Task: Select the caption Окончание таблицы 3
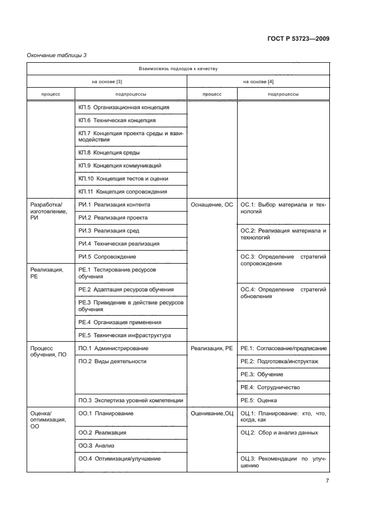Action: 56,55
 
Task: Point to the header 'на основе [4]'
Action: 258,81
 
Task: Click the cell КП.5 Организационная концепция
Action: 124,107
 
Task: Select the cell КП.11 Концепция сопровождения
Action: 123,192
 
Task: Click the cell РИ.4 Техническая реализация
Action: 119,243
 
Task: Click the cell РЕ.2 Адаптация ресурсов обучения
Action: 126,289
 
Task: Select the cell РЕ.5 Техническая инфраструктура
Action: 123,335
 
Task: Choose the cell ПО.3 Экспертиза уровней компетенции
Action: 131,401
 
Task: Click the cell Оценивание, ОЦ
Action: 212,414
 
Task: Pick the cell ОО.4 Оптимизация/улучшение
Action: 119,459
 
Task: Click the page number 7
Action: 327,481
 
